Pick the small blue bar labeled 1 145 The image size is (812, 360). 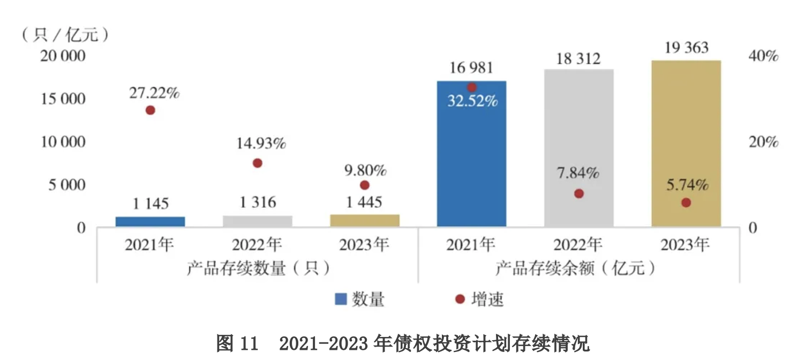tap(150, 221)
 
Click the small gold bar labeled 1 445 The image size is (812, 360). tap(364, 220)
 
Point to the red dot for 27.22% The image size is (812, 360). tap(150, 110)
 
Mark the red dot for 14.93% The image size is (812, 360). tap(257, 163)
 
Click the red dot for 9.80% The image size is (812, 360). tap(365, 185)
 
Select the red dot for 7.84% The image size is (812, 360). tap(578, 193)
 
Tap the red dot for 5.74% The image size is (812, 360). tap(686, 202)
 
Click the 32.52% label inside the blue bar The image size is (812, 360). tap(472, 100)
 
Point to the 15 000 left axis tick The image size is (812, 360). tap(63, 99)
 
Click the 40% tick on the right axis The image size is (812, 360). tap(763, 56)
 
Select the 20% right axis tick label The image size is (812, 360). tap(763, 142)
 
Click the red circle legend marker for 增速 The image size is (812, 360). tap(460, 299)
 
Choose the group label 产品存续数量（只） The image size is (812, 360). tap(258, 267)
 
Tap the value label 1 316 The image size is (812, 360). tap(258, 202)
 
